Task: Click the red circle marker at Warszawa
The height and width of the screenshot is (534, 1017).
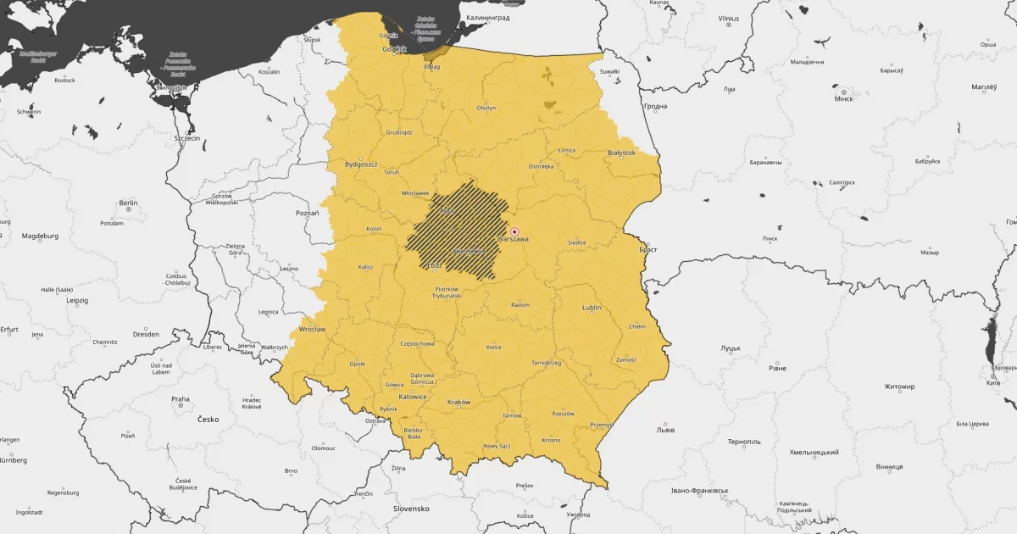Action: tap(514, 231)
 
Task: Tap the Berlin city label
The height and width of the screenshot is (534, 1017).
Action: tap(129, 203)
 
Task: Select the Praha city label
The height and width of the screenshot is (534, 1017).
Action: tap(181, 399)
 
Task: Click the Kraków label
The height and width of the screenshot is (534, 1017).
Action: tap(458, 403)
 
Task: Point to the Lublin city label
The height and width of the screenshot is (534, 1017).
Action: tap(592, 308)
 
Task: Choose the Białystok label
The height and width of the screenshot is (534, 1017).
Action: tap(621, 153)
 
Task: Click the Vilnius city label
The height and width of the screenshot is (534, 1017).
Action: tap(728, 19)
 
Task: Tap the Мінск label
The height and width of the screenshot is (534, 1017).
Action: tap(843, 98)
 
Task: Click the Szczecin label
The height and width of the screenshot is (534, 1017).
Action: tap(186, 138)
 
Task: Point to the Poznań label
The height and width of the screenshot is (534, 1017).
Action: tap(307, 213)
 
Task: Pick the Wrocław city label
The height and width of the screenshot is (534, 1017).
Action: tap(312, 329)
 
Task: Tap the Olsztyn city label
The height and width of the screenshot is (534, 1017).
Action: tap(486, 108)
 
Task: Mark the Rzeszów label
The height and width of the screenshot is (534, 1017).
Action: tap(563, 414)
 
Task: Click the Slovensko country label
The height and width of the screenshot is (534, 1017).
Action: tap(411, 509)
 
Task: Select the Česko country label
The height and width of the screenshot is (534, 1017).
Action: tap(208, 420)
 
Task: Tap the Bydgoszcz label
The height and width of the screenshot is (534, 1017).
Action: tap(361, 164)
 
